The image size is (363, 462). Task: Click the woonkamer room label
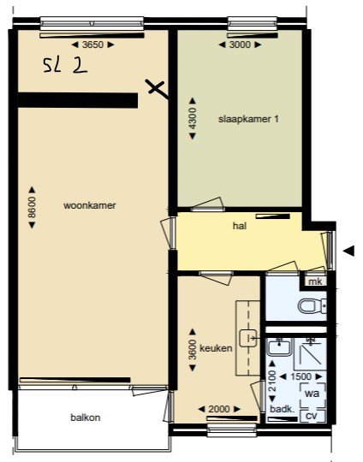point(90,205)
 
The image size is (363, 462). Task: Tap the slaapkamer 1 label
point(248,119)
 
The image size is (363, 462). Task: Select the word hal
point(240,226)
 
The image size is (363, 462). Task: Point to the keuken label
point(216,348)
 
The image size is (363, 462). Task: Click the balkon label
point(86,418)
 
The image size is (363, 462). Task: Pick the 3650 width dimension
point(92,44)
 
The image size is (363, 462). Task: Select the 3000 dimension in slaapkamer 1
point(240,44)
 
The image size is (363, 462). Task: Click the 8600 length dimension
point(32,207)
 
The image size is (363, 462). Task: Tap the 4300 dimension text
point(193,118)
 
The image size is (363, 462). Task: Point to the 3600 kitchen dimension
point(193,350)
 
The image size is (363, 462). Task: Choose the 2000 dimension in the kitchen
point(219,409)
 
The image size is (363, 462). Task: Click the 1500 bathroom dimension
point(301,376)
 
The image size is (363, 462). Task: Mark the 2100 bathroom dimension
point(272,381)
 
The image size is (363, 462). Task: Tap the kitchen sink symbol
point(248,338)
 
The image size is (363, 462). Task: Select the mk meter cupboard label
point(315,281)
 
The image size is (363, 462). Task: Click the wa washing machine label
point(312,394)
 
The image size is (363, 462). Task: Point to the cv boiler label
point(312,416)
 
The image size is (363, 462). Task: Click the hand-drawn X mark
point(157,87)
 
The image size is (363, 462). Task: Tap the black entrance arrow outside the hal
point(348,252)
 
